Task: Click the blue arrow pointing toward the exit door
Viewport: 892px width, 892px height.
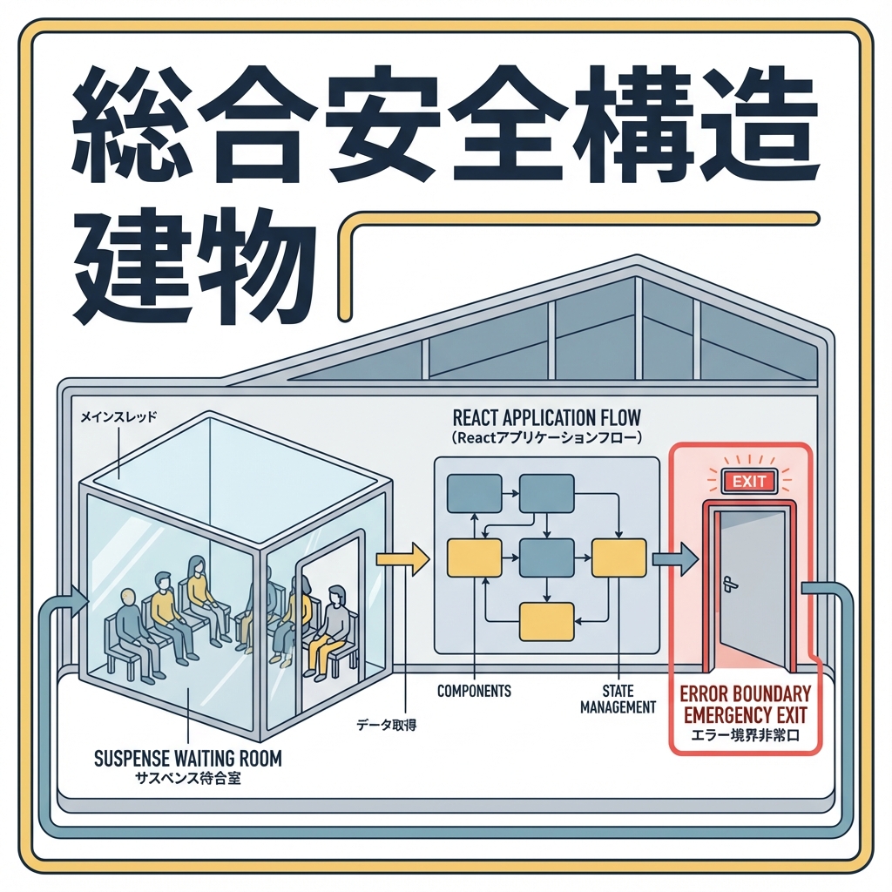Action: pyautogui.click(x=674, y=558)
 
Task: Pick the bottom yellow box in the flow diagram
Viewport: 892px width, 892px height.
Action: pyautogui.click(x=546, y=622)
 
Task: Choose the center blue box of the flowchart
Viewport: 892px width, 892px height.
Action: pyautogui.click(x=546, y=557)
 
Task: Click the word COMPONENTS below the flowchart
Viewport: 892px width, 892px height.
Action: pyautogui.click(x=474, y=691)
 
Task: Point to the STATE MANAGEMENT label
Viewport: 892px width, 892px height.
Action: pyautogui.click(x=618, y=699)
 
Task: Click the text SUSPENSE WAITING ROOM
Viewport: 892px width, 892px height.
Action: pyautogui.click(x=187, y=758)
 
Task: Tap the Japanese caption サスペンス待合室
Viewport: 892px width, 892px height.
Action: pyautogui.click(x=187, y=778)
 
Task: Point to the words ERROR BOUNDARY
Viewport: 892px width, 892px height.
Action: pyautogui.click(x=745, y=694)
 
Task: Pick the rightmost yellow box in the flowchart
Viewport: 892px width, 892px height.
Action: pyautogui.click(x=618, y=557)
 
